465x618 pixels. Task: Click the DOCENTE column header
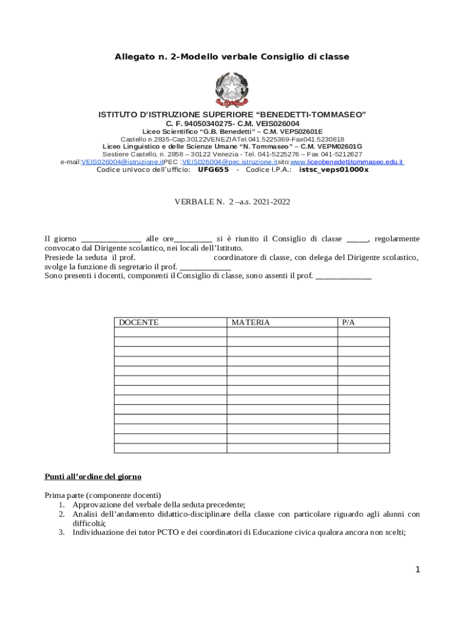pos(139,322)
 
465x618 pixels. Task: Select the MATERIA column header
pos(251,322)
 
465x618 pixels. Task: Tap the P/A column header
pos(348,322)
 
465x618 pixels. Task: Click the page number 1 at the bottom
pos(417,570)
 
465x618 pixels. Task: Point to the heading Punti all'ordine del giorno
pos(93,477)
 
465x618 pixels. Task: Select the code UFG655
pos(213,170)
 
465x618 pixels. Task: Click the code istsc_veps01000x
pos(334,170)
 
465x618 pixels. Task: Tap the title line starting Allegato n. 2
pos(232,57)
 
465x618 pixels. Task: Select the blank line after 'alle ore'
pos(193,240)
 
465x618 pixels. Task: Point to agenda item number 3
pos(239,533)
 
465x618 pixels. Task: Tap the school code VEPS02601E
pos(299,132)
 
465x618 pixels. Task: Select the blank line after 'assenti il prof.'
pos(344,276)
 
